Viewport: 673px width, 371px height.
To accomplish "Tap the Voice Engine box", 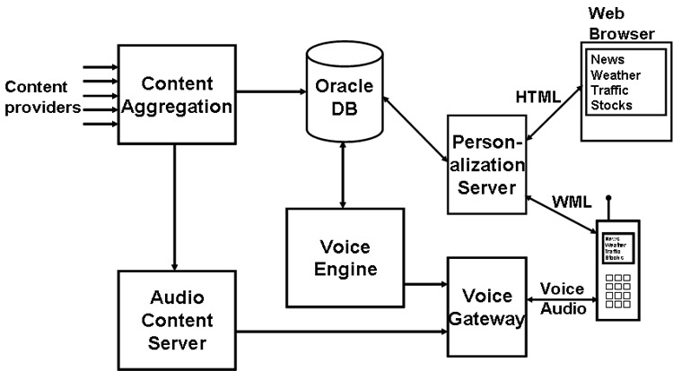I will click(345, 255).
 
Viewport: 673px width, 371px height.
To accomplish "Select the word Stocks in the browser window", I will click(610, 105).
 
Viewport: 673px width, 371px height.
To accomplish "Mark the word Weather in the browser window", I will click(615, 74).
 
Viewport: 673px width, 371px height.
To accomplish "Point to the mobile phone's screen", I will click(617, 247).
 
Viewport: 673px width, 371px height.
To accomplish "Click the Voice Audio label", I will click(564, 299).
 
